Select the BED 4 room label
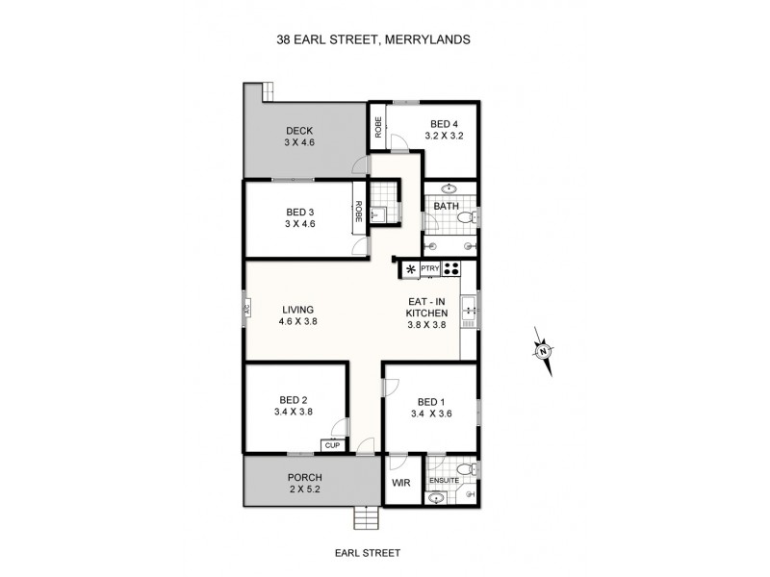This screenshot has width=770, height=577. (x=445, y=124)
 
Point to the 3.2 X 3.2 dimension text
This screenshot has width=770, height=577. (x=445, y=137)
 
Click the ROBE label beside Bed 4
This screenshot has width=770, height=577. (x=379, y=128)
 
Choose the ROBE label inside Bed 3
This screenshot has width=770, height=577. (x=358, y=211)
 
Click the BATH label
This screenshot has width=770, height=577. (x=446, y=207)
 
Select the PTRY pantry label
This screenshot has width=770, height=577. (x=430, y=269)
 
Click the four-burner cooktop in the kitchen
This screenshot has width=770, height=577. (x=451, y=269)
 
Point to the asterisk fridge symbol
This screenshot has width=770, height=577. (x=411, y=270)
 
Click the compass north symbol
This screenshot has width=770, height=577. (x=543, y=350)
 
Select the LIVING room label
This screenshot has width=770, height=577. (x=298, y=310)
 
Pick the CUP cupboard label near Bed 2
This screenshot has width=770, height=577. (x=332, y=445)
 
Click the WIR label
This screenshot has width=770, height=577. (x=401, y=484)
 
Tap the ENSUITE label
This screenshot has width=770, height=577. (x=444, y=479)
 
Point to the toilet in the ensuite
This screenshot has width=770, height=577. (x=466, y=468)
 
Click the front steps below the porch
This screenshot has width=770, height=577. (x=366, y=519)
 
